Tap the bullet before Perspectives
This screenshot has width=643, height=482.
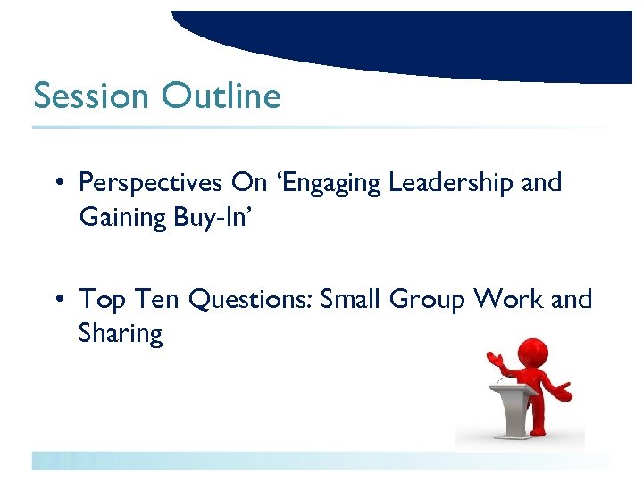click(x=56, y=183)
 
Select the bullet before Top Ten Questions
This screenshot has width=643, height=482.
click(x=56, y=299)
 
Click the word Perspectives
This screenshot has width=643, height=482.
click(x=150, y=183)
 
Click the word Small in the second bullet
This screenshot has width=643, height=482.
click(x=355, y=299)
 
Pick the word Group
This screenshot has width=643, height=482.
click(x=432, y=299)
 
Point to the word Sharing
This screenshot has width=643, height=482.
click(x=121, y=334)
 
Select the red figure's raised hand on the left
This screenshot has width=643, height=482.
click(x=492, y=358)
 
